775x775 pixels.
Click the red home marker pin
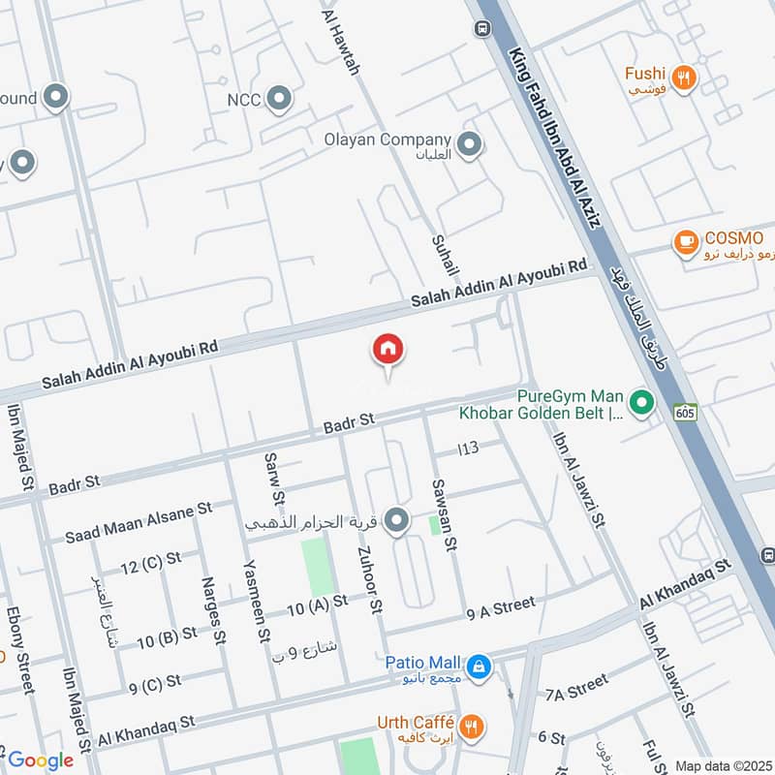(x=388, y=350)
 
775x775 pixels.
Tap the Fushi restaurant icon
(x=685, y=77)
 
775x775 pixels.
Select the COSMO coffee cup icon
(x=686, y=242)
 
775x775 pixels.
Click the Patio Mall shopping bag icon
(x=478, y=666)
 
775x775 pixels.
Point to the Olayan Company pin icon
(x=470, y=144)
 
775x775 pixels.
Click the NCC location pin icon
(x=279, y=98)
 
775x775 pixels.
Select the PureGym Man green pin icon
(x=639, y=401)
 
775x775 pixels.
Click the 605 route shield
(x=686, y=412)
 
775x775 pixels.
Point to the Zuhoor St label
(x=368, y=579)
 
